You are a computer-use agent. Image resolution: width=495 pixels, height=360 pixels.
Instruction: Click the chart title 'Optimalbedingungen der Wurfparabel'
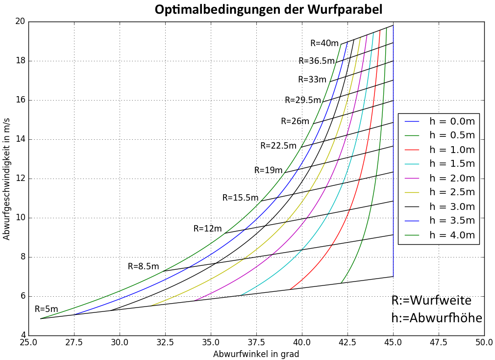(269, 9)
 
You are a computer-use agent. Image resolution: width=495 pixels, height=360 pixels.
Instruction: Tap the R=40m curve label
(324, 43)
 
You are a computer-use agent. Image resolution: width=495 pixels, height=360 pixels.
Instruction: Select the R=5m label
(47, 309)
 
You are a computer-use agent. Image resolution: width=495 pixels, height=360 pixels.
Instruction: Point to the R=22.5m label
(278, 146)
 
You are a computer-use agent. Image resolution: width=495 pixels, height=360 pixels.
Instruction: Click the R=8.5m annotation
(144, 266)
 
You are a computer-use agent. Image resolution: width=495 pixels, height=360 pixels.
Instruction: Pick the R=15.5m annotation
(240, 198)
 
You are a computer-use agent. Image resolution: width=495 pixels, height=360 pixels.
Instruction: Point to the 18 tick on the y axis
(19, 61)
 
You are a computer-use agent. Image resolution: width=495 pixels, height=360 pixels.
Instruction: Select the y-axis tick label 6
(22, 296)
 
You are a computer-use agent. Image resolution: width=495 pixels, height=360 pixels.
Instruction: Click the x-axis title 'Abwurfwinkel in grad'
(256, 354)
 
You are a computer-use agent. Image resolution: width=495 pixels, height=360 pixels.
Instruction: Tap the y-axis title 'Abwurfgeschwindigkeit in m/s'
(6, 179)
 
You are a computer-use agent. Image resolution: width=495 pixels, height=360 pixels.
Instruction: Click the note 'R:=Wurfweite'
(431, 301)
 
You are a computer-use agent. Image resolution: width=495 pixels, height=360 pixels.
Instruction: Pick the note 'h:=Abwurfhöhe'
(437, 318)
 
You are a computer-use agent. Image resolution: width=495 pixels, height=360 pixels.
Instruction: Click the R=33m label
(312, 79)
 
